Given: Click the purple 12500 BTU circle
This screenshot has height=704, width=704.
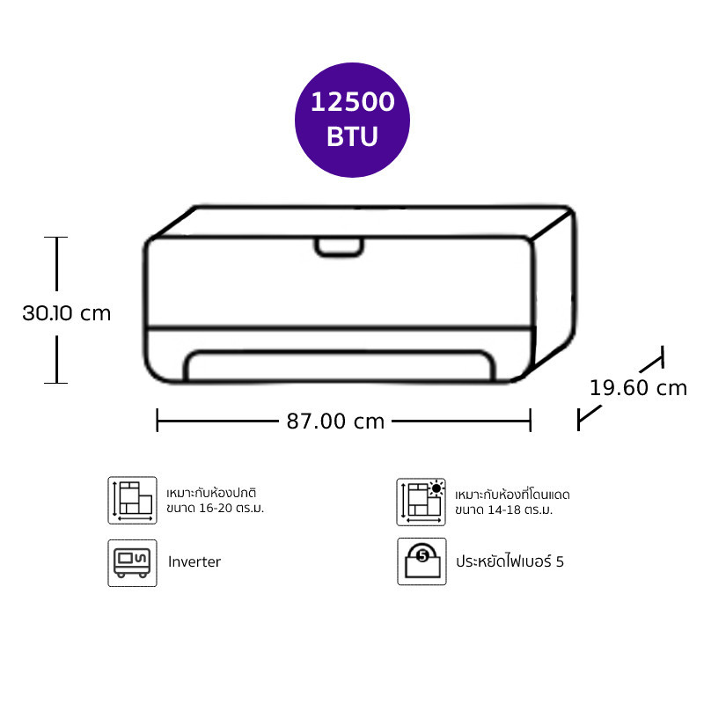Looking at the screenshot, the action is tap(352, 120).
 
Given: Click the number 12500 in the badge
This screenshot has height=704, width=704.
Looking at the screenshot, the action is tap(353, 102).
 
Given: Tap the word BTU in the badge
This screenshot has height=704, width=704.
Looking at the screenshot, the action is tap(353, 136).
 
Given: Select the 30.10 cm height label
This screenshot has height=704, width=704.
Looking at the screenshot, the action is tap(67, 313).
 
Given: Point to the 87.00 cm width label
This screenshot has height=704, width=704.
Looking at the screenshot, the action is tap(335, 422).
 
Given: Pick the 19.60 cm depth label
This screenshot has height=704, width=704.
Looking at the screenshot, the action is tap(638, 388).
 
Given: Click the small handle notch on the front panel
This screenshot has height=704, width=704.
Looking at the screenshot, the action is tap(339, 248).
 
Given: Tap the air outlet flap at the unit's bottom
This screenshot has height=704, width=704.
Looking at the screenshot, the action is tap(340, 365).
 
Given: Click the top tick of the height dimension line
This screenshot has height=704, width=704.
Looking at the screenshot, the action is tap(56, 237).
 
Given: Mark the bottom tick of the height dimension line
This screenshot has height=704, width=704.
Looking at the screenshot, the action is tap(56, 383).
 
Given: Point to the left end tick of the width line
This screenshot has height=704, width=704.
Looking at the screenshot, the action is tap(158, 421).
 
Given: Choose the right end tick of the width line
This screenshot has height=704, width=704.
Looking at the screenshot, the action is tap(531, 421).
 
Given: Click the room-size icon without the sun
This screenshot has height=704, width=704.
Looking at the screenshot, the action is tap(133, 500).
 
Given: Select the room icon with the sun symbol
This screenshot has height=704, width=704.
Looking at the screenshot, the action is tap(422, 502).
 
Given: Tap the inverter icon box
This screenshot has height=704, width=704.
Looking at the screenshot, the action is tap(133, 563).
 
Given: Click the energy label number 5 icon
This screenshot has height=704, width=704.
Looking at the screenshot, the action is tap(422, 561).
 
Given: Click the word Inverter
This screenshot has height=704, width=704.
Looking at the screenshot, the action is tap(194, 561).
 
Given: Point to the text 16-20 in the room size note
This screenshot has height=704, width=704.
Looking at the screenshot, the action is tap(216, 509).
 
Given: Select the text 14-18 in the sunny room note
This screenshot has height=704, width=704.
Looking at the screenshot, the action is tap(505, 510).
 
